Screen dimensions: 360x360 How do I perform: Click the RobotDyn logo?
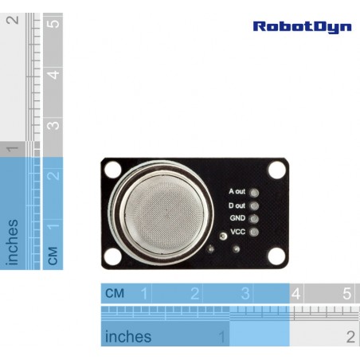click(302, 27)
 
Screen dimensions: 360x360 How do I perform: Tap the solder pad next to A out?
click(254, 193)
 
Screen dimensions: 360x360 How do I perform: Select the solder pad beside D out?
click(254, 205)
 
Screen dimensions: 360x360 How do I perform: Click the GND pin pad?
click(254, 219)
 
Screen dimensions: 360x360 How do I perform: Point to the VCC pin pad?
click(254, 232)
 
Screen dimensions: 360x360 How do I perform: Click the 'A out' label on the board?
click(237, 191)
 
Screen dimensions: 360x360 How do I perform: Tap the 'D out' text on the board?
click(237, 205)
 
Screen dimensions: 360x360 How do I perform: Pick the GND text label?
click(237, 218)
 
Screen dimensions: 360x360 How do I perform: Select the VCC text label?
click(238, 232)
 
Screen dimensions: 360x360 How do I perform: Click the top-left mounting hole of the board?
click(113, 170)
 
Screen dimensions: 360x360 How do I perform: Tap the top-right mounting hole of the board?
click(277, 170)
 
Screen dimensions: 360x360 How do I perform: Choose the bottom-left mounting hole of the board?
click(113, 256)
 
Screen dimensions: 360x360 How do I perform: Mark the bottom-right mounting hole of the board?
click(276, 256)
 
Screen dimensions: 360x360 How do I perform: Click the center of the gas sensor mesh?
click(165, 211)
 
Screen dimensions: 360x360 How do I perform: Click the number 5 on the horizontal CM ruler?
click(347, 294)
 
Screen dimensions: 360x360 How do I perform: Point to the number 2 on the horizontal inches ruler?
click(350, 337)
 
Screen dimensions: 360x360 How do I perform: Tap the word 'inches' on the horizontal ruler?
click(128, 337)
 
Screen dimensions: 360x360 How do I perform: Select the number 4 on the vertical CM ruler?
click(53, 75)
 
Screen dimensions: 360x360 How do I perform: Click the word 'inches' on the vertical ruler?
click(12, 242)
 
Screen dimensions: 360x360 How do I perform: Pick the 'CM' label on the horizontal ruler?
click(115, 293)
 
